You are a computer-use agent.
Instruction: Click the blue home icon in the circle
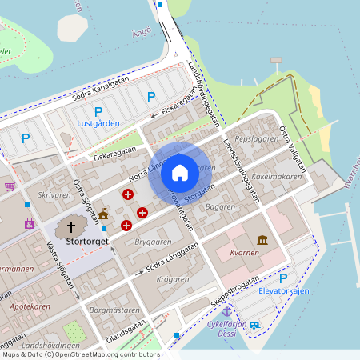coord(180,172)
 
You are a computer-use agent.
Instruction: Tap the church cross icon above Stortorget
coord(73,226)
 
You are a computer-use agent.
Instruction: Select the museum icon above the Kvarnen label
coord(262,240)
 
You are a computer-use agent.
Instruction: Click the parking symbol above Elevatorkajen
coord(282,278)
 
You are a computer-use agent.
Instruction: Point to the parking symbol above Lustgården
coord(98,112)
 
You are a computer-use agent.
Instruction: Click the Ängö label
coord(141,33)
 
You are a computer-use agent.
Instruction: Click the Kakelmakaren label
coord(277,176)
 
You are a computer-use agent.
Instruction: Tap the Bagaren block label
coord(220,206)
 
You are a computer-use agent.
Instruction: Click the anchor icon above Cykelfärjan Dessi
coord(226,310)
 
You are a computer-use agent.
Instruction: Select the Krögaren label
coord(173,279)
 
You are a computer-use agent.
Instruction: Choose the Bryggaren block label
coord(154,241)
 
